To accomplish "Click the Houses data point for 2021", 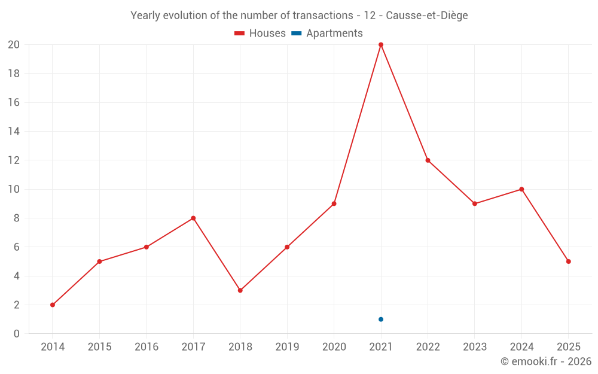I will point(381,45).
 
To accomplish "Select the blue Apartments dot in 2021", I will point(381,319).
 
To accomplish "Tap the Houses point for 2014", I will point(53,305).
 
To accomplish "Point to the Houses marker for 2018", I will point(240,290).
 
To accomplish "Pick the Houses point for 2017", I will point(193,218).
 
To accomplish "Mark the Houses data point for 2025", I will point(568,262).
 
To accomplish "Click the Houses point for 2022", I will point(428,160).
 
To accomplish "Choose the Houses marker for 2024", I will point(521,189).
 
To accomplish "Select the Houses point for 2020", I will point(334,203).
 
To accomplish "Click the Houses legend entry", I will point(260,34).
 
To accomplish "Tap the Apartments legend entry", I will point(327,34).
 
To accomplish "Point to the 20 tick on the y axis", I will point(14,45).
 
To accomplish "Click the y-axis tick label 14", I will point(14,132).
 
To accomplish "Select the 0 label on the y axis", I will point(17,333).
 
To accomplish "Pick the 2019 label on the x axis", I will point(287,347).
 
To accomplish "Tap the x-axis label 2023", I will point(475,347).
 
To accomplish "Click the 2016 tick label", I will point(147,347).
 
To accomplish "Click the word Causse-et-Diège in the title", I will point(426,16).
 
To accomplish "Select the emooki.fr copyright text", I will point(545,361).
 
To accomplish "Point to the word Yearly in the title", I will point(145,16).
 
